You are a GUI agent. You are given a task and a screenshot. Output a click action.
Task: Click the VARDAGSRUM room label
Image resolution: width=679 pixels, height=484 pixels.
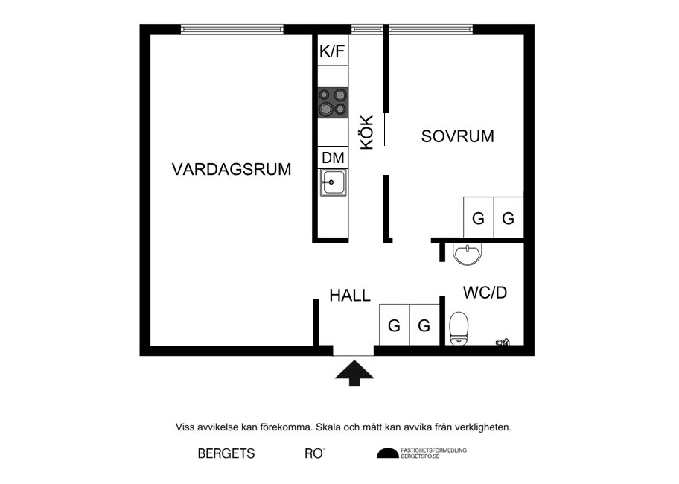(231, 169)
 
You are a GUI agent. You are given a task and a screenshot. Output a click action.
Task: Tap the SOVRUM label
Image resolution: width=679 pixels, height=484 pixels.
(458, 136)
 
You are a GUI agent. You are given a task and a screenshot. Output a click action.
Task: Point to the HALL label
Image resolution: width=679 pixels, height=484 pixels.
(350, 296)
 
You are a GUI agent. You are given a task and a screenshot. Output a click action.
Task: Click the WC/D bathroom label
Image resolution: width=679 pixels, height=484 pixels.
(485, 293)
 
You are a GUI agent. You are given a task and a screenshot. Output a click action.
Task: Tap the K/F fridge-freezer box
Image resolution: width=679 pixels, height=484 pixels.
(333, 51)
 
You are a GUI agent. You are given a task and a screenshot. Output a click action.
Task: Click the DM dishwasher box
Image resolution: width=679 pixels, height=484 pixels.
(333, 157)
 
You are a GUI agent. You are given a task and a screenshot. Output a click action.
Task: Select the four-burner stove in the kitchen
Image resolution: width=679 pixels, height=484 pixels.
(333, 102)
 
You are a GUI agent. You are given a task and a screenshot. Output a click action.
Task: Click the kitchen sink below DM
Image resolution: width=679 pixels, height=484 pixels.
(333, 182)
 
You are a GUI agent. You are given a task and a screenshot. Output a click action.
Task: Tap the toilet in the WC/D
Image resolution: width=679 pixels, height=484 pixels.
(459, 328)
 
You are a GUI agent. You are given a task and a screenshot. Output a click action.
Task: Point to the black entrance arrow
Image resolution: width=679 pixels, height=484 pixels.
(353, 372)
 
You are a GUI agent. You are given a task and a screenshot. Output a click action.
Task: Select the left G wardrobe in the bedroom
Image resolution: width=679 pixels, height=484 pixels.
(478, 218)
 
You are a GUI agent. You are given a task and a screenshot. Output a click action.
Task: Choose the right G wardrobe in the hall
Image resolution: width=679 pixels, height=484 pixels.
(424, 325)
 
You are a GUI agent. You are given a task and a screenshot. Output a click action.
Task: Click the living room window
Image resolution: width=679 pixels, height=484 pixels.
(232, 30)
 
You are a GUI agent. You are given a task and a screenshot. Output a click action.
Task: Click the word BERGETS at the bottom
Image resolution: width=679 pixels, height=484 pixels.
(226, 453)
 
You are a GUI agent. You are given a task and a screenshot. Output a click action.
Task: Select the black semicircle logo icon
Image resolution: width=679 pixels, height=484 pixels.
(387, 453)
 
